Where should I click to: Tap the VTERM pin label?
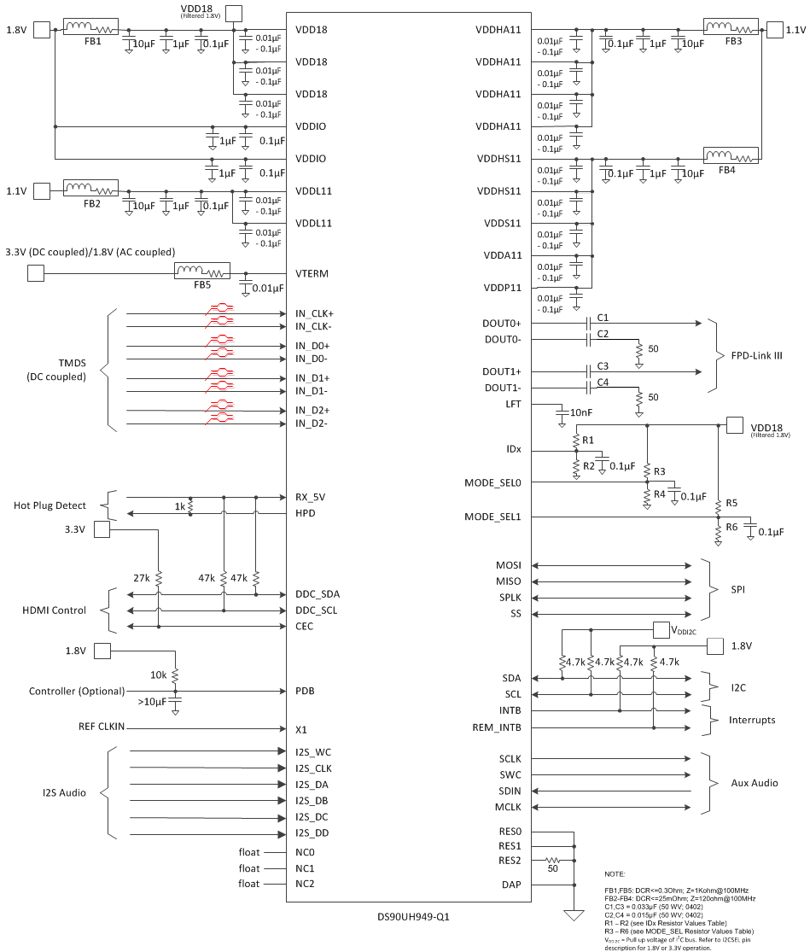[312, 274]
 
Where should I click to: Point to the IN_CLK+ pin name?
[315, 313]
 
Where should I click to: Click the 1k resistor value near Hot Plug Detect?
[180, 506]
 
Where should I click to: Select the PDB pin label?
[306, 691]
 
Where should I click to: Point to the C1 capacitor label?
[603, 318]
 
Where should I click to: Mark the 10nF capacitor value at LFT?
[581, 412]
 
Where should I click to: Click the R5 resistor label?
[731, 502]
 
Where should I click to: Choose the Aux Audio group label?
[754, 783]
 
